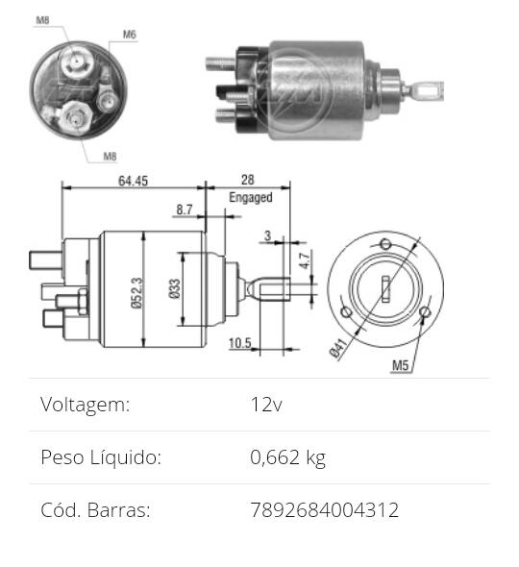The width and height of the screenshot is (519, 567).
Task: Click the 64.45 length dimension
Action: (x=133, y=181)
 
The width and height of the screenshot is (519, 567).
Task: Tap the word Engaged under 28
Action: (x=251, y=197)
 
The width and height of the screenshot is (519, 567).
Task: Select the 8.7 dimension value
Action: (x=185, y=210)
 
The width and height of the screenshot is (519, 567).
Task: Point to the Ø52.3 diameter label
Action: (x=137, y=293)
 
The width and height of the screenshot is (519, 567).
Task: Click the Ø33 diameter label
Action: (x=175, y=288)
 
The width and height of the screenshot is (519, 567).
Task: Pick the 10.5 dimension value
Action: (x=239, y=343)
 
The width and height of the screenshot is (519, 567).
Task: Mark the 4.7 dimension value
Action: (x=305, y=260)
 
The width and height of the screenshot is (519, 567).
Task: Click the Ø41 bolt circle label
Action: (x=339, y=349)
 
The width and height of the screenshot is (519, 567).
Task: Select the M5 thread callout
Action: (x=401, y=365)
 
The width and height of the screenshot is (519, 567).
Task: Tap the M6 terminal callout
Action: (x=130, y=35)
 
